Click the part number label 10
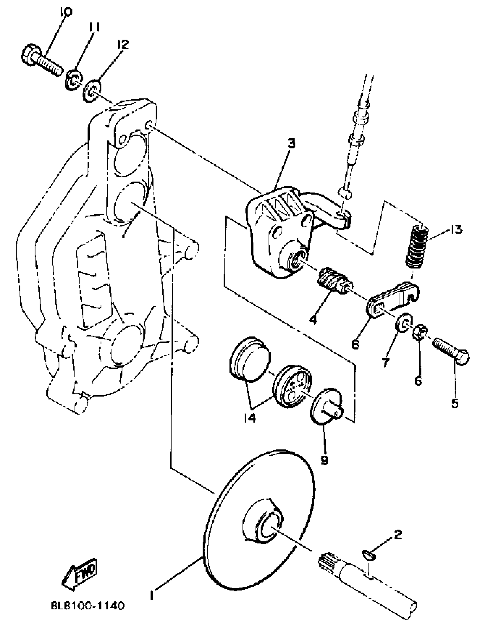tap(66, 12)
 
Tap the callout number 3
tap(291, 144)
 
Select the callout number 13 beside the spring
tap(456, 230)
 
